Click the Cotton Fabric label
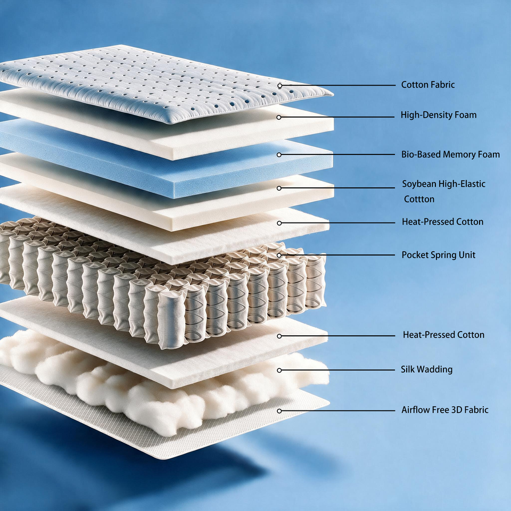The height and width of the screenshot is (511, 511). point(427,85)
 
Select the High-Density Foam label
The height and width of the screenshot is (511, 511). point(438,115)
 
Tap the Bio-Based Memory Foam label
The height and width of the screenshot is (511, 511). point(450,154)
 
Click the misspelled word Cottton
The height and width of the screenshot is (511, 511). point(419,199)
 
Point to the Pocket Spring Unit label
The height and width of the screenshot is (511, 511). point(438,255)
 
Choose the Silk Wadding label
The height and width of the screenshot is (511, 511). point(426,369)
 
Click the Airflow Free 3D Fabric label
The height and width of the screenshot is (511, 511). point(445,410)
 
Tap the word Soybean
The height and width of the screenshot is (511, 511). point(419,184)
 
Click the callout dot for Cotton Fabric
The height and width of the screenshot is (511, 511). point(279,86)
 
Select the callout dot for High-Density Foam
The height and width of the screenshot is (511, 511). point(278,117)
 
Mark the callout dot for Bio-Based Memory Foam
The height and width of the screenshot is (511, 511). point(279,155)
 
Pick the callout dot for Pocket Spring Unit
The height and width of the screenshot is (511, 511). point(279,255)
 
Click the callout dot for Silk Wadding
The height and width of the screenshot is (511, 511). point(279,370)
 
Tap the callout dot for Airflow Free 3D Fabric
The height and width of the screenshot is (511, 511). point(279,411)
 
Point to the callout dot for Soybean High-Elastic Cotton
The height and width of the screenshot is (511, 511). point(279,188)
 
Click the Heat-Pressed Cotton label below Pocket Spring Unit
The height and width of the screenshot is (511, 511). point(443,335)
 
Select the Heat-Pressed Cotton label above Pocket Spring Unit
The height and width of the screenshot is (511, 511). point(442,222)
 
